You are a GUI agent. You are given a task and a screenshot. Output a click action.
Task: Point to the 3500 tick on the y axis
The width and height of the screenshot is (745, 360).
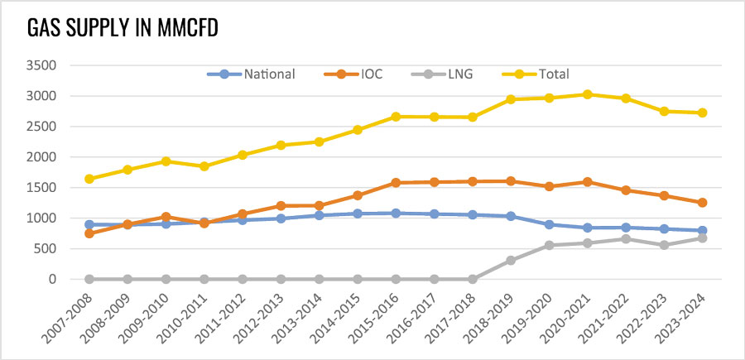click(41, 65)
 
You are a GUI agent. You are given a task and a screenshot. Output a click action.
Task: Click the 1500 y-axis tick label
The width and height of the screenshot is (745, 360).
click(41, 188)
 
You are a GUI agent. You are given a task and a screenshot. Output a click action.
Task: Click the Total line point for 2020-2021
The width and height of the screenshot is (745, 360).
click(587, 94)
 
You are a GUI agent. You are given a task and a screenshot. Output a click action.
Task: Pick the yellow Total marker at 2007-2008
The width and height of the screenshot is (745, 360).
click(89, 179)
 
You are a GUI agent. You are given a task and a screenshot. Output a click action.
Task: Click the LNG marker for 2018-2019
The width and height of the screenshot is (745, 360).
click(511, 260)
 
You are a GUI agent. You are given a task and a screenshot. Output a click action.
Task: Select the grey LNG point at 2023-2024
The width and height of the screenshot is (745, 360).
click(702, 238)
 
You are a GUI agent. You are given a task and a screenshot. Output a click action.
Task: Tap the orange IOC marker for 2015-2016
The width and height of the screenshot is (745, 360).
click(396, 183)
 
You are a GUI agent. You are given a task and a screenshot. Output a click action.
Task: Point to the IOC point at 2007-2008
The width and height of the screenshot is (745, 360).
click(89, 233)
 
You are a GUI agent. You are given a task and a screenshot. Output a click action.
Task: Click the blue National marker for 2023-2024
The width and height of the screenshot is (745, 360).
click(702, 231)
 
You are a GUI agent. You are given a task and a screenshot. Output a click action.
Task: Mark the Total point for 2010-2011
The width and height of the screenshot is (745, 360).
click(204, 166)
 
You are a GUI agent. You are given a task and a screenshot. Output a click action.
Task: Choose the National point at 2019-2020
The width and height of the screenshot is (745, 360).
click(549, 224)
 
